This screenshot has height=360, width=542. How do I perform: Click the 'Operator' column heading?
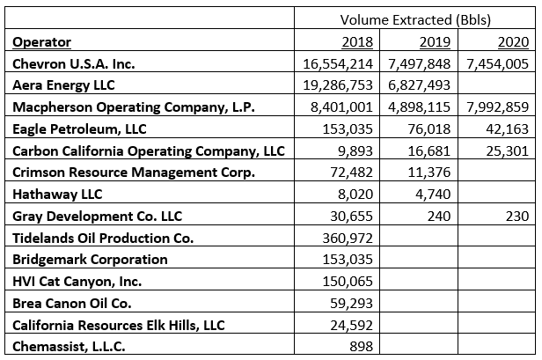pyautogui.click(x=43, y=41)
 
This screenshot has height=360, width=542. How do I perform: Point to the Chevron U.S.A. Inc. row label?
pyautogui.click(x=75, y=63)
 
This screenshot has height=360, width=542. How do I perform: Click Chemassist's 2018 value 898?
pyautogui.click(x=363, y=346)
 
